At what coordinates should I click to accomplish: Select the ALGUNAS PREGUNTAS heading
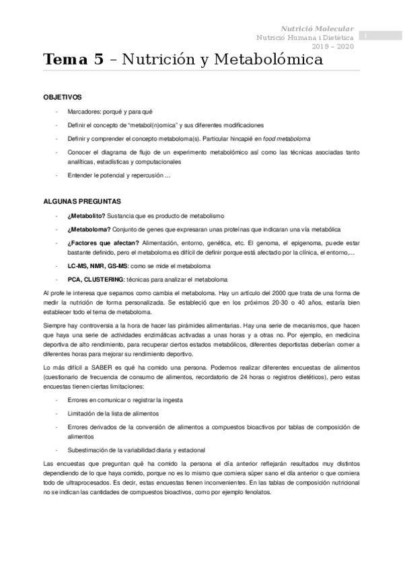tap(81, 201)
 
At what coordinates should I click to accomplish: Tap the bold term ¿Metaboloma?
tap(87, 229)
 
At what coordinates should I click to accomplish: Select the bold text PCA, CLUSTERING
tap(96, 279)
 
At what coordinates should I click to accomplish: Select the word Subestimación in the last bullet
tap(89, 450)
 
